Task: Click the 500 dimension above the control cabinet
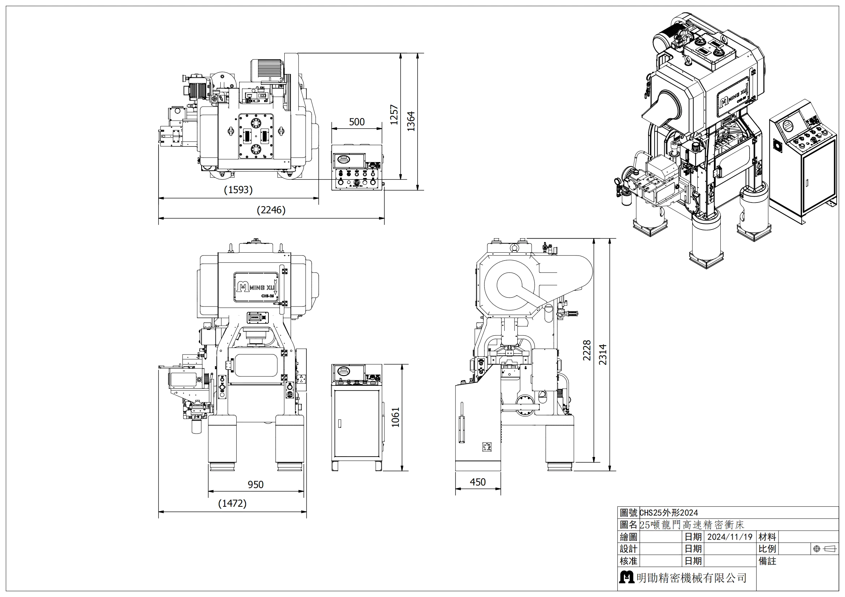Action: pyautogui.click(x=356, y=122)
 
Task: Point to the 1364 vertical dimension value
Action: pyautogui.click(x=411, y=121)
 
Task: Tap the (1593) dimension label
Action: pyautogui.click(x=238, y=190)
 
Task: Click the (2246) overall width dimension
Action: pyautogui.click(x=271, y=210)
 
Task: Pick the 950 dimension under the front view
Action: pyautogui.click(x=255, y=484)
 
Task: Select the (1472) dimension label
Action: pyautogui.click(x=232, y=503)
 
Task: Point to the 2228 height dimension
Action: pyautogui.click(x=587, y=350)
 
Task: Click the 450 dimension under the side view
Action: pyautogui.click(x=477, y=482)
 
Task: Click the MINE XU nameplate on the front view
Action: pyautogui.click(x=255, y=286)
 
